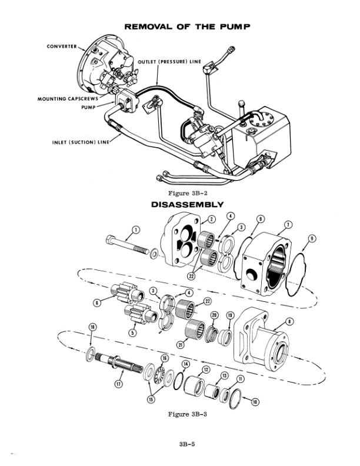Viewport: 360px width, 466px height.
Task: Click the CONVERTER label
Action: pos(62,46)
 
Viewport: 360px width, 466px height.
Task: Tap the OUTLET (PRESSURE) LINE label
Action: pos(169,62)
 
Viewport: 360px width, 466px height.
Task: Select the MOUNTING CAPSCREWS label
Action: pos(68,99)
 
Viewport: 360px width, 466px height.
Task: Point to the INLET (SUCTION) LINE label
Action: pos(81,142)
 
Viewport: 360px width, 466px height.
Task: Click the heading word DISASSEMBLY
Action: pos(187,205)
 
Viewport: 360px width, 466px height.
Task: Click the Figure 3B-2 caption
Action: pos(188,193)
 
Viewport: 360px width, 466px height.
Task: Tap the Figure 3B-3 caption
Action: pos(187,414)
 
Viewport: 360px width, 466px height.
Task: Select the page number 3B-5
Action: pos(187,444)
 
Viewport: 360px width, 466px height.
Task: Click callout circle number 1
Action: pos(136,229)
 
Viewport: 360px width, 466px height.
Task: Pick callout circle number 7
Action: pos(288,225)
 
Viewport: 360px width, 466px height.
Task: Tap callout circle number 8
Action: pos(290,321)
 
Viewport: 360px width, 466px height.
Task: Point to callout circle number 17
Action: pos(118,384)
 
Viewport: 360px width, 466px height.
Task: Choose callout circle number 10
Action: pos(255,402)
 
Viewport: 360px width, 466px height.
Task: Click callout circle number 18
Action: pos(93,327)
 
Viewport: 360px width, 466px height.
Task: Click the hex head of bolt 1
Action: pos(110,239)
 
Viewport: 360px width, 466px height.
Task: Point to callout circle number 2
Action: pos(211,219)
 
